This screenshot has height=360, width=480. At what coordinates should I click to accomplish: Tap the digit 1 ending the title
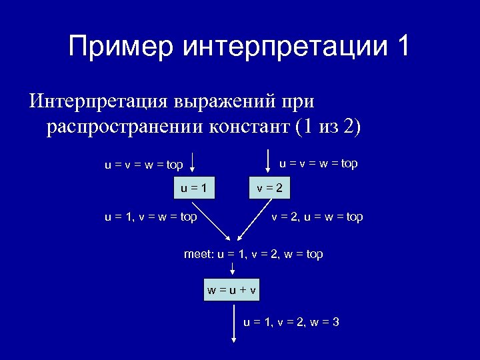[x=402, y=47]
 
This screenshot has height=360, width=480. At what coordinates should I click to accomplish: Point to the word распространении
[x=126, y=126]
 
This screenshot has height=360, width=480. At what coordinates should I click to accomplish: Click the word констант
[x=249, y=126]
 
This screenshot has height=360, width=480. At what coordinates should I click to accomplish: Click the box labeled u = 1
[x=194, y=189]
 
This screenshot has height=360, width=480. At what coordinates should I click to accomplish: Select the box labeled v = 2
[x=270, y=189]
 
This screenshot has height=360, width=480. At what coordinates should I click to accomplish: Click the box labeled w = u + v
[x=232, y=290]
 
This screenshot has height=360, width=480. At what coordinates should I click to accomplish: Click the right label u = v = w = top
[x=319, y=163]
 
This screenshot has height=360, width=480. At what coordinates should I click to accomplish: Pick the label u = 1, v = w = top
[x=151, y=217]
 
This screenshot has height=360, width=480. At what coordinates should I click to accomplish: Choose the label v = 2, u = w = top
[x=317, y=217]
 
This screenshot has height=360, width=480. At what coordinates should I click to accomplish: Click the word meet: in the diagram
[x=197, y=254]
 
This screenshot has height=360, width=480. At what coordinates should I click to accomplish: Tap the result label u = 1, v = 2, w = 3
[x=291, y=322]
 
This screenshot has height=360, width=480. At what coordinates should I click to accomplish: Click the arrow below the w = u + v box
[x=234, y=323]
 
